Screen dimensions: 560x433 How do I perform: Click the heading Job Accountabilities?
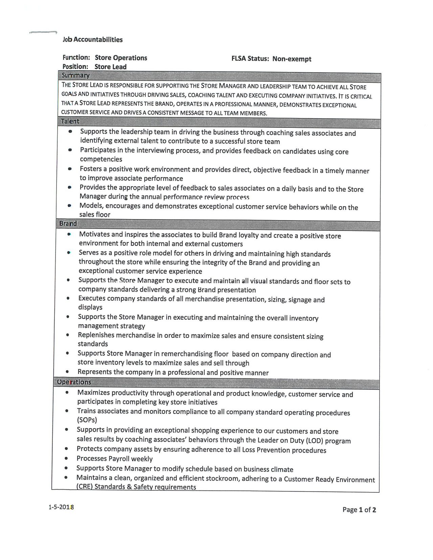click(x=93, y=40)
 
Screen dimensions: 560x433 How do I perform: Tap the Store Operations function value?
click(x=121, y=58)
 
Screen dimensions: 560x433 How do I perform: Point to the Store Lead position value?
click(x=110, y=67)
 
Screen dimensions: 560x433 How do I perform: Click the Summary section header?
click(x=75, y=75)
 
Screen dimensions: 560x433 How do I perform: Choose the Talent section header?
click(x=70, y=121)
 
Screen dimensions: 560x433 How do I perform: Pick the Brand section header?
click(x=68, y=224)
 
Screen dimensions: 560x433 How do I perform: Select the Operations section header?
click(x=74, y=382)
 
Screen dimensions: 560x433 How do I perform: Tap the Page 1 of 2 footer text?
click(x=359, y=510)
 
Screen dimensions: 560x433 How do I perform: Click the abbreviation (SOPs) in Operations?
click(x=87, y=420)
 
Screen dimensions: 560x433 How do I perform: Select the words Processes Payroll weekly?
click(x=114, y=459)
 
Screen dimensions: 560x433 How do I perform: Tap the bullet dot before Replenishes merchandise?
click(x=68, y=335)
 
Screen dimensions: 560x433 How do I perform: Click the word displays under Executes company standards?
click(x=90, y=307)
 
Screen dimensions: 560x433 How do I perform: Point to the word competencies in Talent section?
click(x=101, y=159)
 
